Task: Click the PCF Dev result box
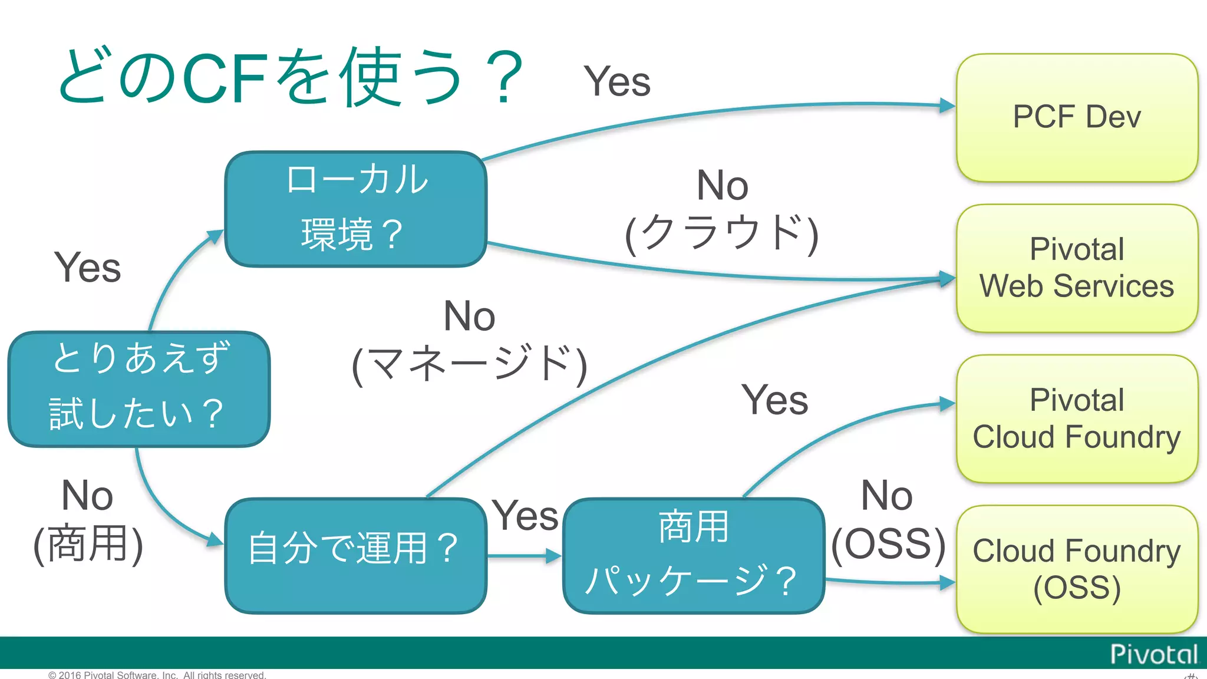click(1077, 117)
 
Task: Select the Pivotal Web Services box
click(1077, 268)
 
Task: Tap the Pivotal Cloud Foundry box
click(1077, 419)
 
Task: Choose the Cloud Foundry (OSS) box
click(1077, 569)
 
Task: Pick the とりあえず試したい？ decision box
click(139, 388)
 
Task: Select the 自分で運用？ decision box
click(355, 555)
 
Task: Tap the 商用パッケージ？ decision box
click(693, 555)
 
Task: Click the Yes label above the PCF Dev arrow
click(616, 81)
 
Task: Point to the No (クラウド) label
click(722, 209)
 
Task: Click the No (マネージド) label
click(469, 341)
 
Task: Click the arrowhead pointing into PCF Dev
click(947, 106)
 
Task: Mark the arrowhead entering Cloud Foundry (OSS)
click(947, 583)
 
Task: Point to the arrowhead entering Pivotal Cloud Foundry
click(947, 404)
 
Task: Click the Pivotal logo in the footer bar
click(1153, 654)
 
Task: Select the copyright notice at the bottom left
click(157, 675)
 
